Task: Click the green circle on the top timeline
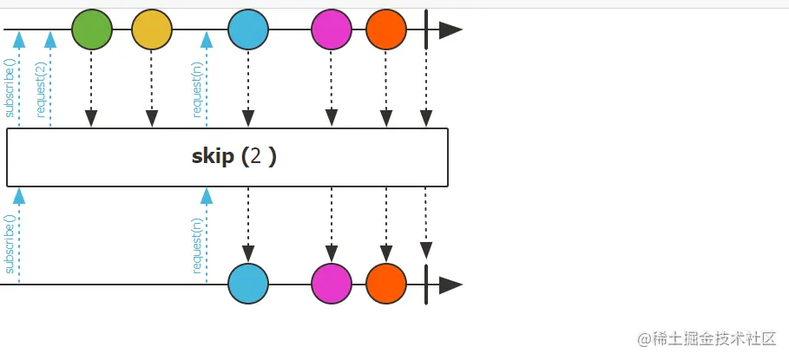(x=91, y=29)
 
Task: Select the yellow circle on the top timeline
(x=152, y=29)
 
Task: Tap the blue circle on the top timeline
(x=248, y=29)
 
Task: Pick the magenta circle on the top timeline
(x=332, y=29)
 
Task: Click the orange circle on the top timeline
(x=386, y=29)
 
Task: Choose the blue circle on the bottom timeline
(x=248, y=284)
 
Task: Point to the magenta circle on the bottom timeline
(x=332, y=284)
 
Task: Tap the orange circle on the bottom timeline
(x=386, y=284)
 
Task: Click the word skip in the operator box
(x=212, y=157)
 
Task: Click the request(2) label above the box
(x=40, y=89)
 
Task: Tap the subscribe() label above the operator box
(x=10, y=88)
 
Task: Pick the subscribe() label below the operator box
(x=10, y=247)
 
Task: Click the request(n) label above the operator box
(x=197, y=88)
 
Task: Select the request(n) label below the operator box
(x=197, y=245)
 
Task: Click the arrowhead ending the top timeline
(x=450, y=30)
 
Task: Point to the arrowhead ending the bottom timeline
(x=450, y=285)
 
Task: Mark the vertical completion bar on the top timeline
(x=426, y=29)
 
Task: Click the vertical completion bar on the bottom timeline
(x=426, y=284)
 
